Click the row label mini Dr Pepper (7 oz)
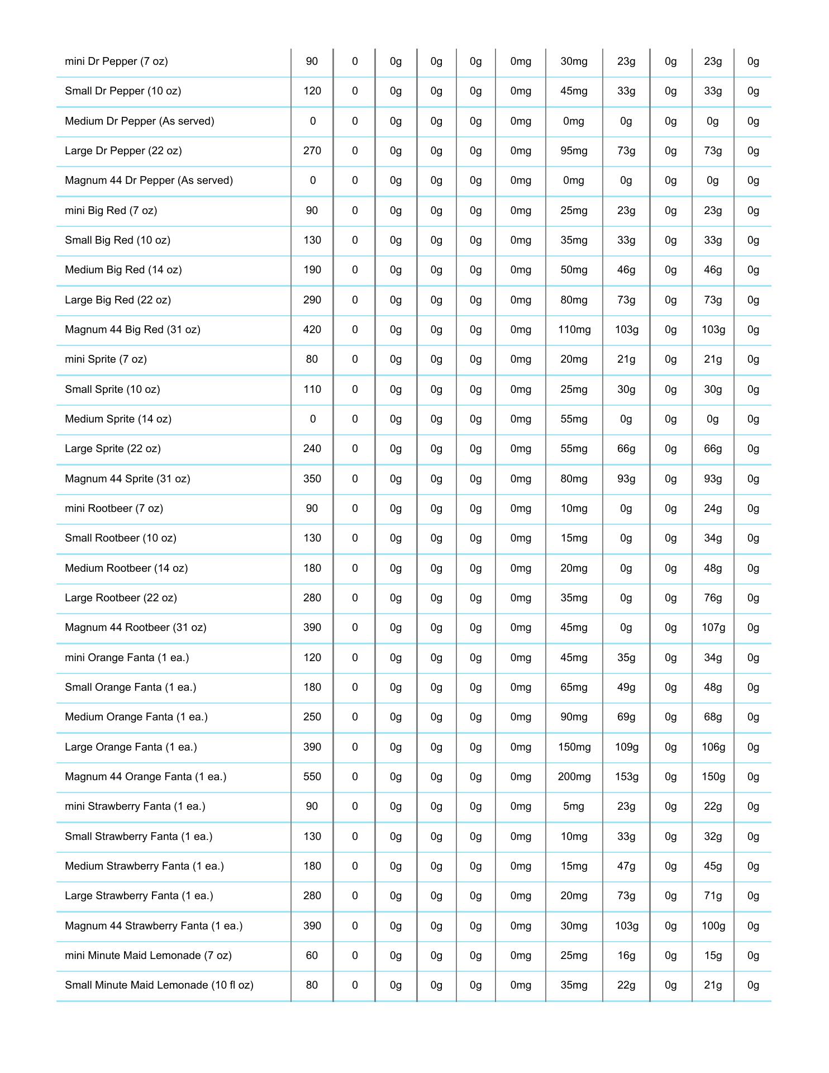[116, 61]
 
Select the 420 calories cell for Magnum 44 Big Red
[312, 330]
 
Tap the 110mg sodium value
[574, 330]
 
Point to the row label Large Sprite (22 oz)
[112, 449]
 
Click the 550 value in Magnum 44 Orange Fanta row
[312, 777]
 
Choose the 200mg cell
[574, 777]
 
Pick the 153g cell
[626, 777]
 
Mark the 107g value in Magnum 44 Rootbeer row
[713, 628]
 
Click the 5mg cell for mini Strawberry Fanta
[574, 806]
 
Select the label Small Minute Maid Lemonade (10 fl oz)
[159, 985]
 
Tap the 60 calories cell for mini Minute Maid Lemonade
[312, 956]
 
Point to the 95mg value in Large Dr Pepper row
[574, 151]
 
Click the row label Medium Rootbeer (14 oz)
[126, 568]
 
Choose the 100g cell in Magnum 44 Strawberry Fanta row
[713, 926]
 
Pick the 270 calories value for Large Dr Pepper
[312, 151]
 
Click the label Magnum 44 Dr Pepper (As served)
[149, 181]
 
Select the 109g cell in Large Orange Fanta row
[626, 747]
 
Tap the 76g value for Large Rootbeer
[713, 598]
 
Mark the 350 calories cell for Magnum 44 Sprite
[312, 479]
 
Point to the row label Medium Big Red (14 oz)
[123, 270]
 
